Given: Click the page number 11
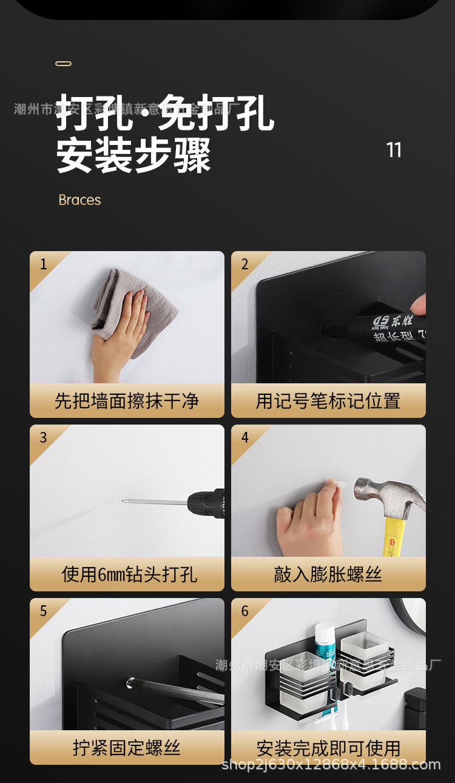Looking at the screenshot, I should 394,150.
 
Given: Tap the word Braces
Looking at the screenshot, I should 79,200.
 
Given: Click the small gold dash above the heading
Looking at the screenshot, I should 63,64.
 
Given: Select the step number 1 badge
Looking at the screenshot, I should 43,264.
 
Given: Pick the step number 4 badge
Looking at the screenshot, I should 244,438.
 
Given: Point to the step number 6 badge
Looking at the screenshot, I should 244,611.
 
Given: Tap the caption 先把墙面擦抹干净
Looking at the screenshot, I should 127,401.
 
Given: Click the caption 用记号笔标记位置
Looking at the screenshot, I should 328,401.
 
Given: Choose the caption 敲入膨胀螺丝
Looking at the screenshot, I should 328,574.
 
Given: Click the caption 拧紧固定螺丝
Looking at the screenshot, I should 127,747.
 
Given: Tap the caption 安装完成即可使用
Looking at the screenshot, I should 328,748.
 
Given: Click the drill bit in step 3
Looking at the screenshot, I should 155,502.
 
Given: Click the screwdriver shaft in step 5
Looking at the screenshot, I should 176,691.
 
